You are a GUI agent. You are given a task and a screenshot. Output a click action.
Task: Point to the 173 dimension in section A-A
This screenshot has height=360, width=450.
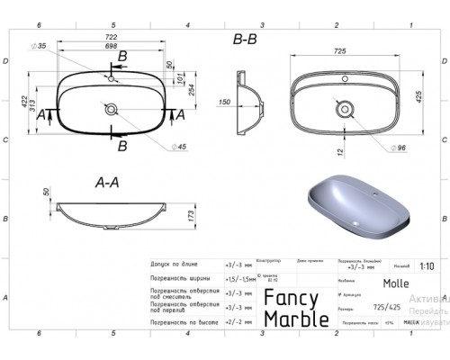(192, 215)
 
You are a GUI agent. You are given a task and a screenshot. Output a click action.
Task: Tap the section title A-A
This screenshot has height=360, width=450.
(108, 181)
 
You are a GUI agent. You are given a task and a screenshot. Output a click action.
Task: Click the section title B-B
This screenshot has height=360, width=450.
(246, 40)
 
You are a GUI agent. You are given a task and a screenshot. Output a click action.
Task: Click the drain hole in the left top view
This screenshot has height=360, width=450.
(111, 111)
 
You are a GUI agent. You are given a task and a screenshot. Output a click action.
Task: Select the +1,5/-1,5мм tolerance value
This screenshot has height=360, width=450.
(238, 280)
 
